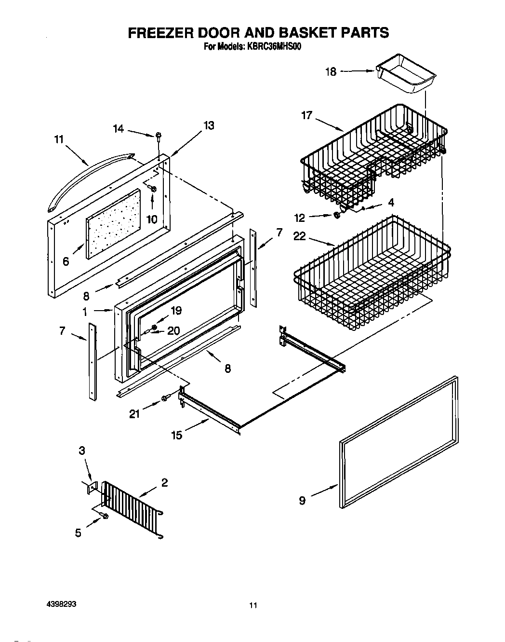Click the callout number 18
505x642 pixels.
[331, 72]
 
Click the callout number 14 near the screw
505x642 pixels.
[119, 129]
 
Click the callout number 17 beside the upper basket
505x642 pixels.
[307, 115]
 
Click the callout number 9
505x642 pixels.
[302, 501]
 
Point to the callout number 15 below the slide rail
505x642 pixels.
[177, 435]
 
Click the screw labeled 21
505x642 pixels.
[165, 397]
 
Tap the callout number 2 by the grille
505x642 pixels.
[164, 482]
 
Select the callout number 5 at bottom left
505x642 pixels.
[78, 533]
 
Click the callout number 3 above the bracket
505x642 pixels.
[82, 451]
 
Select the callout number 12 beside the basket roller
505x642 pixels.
[300, 218]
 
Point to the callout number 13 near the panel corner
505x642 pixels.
[209, 125]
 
